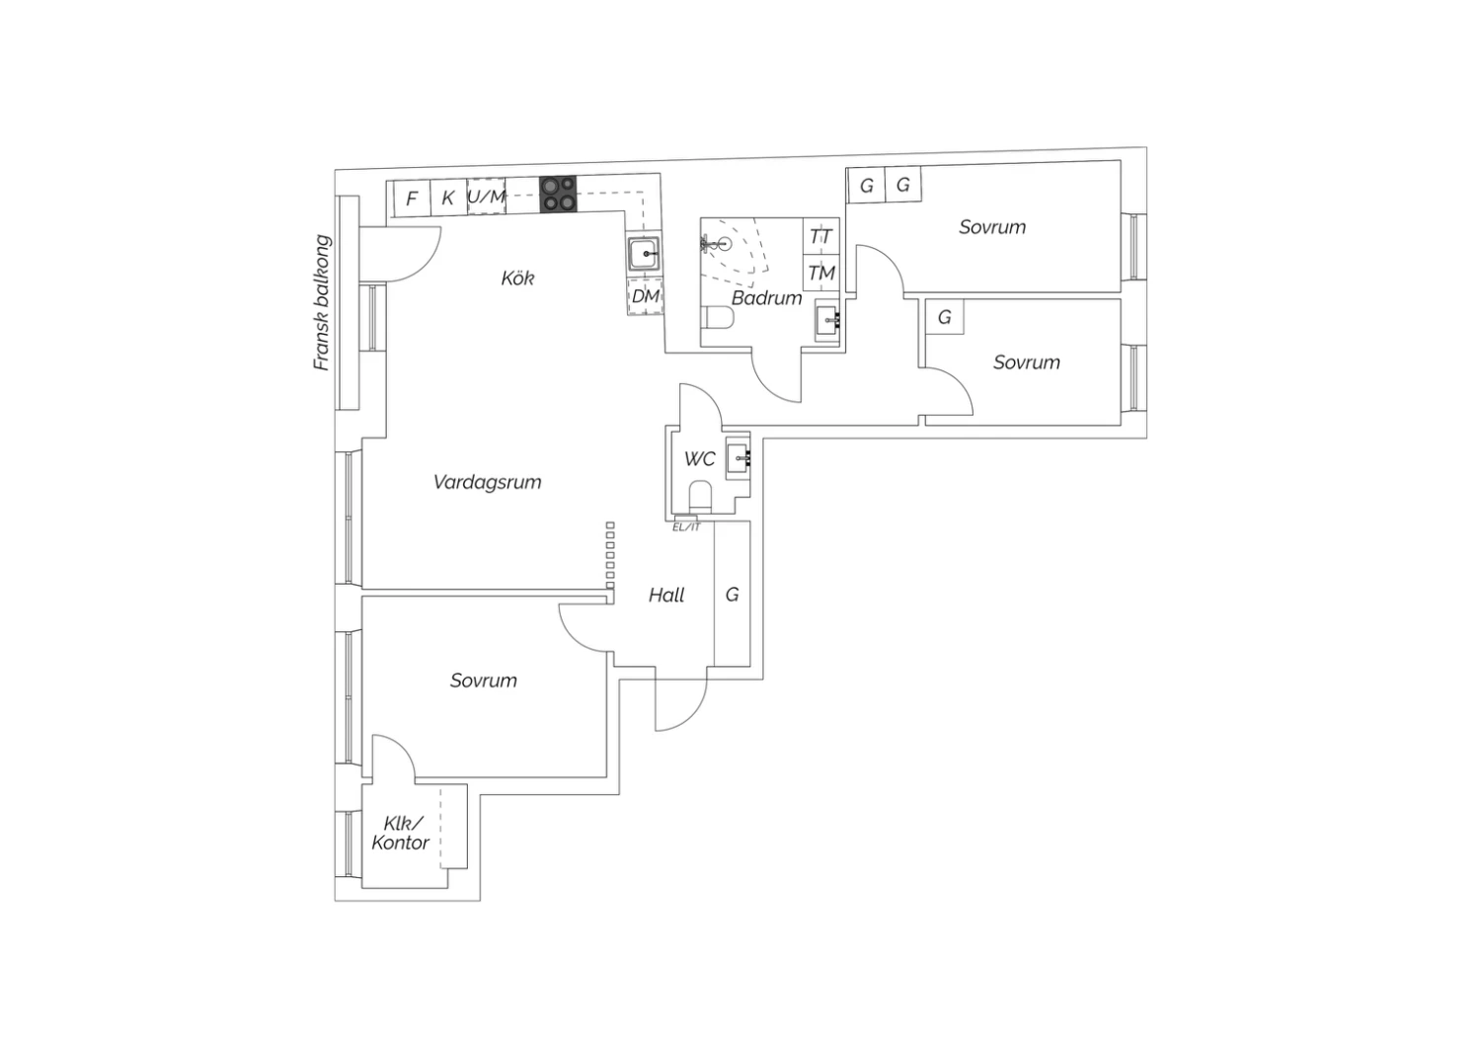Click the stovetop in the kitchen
coord(558,195)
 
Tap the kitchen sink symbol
coord(644,253)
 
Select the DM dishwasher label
coord(646,295)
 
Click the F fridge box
coord(412,198)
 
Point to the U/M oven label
coord(487,197)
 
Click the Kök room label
coord(517,278)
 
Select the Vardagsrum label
coord(488,481)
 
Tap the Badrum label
coord(766,297)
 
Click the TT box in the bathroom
coord(821,236)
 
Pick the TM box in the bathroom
coord(821,273)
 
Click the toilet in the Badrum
coord(718,317)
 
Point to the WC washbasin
coord(739,457)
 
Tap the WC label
coord(699,458)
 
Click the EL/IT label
coord(686,527)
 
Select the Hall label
coord(666,596)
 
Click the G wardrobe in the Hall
coord(732,594)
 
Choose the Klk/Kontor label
coord(400,833)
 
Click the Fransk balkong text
coord(321,302)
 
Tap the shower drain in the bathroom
coord(725,244)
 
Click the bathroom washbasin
coord(827,321)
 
